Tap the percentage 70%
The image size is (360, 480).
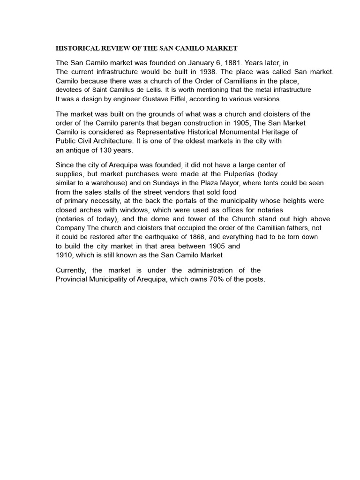213,279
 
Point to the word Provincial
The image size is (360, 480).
72,279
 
